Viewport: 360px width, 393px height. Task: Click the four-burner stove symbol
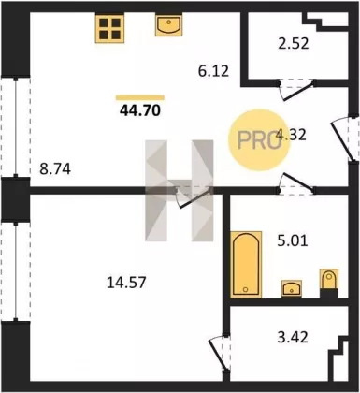109,28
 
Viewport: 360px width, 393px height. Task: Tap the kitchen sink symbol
168,24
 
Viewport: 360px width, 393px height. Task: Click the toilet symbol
329,282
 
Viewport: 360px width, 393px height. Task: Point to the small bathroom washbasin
292,288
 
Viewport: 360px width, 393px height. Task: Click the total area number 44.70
140,110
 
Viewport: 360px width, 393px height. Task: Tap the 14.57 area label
126,284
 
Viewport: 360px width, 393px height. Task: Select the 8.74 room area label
55,169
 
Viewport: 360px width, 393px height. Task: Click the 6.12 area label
213,71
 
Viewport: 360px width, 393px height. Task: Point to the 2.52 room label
293,44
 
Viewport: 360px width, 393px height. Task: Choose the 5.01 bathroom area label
293,240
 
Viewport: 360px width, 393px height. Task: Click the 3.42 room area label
293,337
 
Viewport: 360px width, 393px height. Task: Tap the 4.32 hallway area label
292,135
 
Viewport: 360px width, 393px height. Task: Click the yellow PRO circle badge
257,139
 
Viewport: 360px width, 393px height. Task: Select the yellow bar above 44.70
140,98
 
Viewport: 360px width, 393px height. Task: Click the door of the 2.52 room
296,89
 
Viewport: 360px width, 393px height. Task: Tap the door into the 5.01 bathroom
296,184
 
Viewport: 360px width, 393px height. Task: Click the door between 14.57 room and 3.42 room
220,354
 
